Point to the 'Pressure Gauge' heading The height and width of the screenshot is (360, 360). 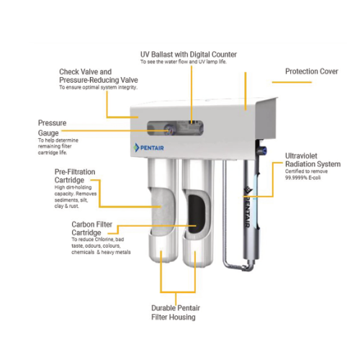tap(52, 128)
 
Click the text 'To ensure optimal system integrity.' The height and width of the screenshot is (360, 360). tap(98, 88)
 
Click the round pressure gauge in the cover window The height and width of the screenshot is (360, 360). tap(168, 130)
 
